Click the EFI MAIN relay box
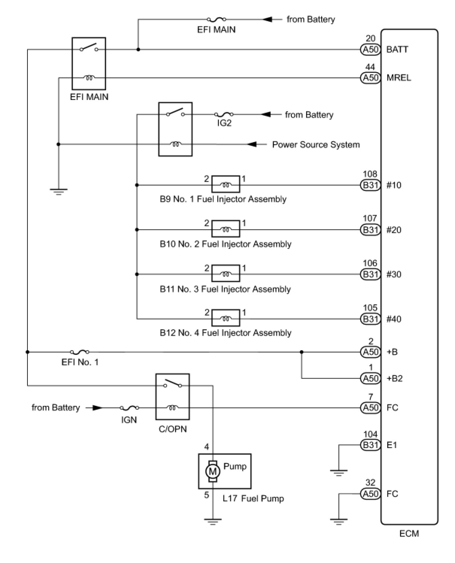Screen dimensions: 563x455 coord(89,63)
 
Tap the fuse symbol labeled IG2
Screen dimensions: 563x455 coord(224,114)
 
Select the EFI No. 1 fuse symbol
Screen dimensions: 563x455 coord(80,352)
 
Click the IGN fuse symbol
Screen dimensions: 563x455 coord(129,408)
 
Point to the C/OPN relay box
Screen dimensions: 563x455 coord(173,397)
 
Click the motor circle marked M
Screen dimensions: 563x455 coord(212,471)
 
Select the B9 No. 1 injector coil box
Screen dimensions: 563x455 coord(226,185)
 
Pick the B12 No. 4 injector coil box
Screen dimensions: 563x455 coord(226,318)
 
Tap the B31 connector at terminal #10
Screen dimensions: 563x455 coord(370,185)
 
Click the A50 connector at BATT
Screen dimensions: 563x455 coord(370,49)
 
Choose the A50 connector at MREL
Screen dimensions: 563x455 coord(370,78)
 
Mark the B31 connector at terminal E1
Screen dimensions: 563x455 coord(370,445)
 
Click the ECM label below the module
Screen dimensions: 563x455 coord(409,534)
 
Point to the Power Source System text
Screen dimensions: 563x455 coord(316,145)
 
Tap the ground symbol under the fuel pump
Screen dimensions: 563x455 coord(213,521)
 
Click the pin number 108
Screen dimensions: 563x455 coord(370,174)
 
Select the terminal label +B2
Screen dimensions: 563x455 coord(394,378)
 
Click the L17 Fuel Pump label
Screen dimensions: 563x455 coord(253,499)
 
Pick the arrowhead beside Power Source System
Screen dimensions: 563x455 coord(252,144)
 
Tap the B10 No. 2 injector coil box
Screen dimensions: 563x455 coord(226,229)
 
